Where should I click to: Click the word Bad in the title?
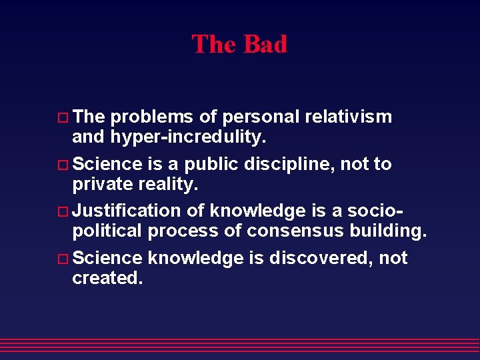click(x=265, y=45)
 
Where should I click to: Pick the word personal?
click(x=261, y=117)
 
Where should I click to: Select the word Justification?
click(x=126, y=211)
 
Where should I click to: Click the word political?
click(x=107, y=231)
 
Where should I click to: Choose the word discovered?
click(x=319, y=258)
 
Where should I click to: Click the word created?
click(x=107, y=278)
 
